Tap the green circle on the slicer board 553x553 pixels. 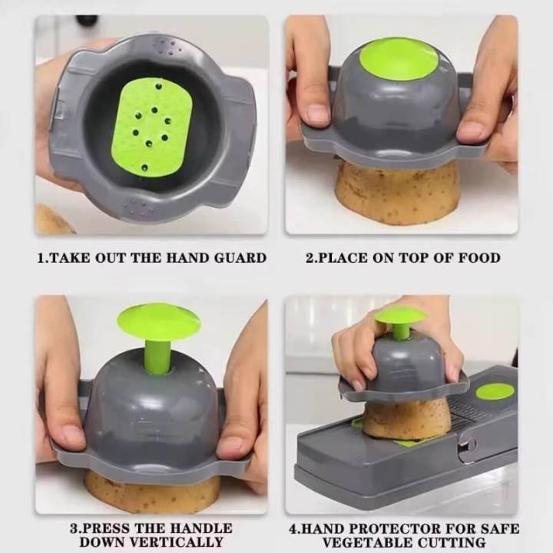494,392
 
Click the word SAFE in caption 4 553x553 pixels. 500,528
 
